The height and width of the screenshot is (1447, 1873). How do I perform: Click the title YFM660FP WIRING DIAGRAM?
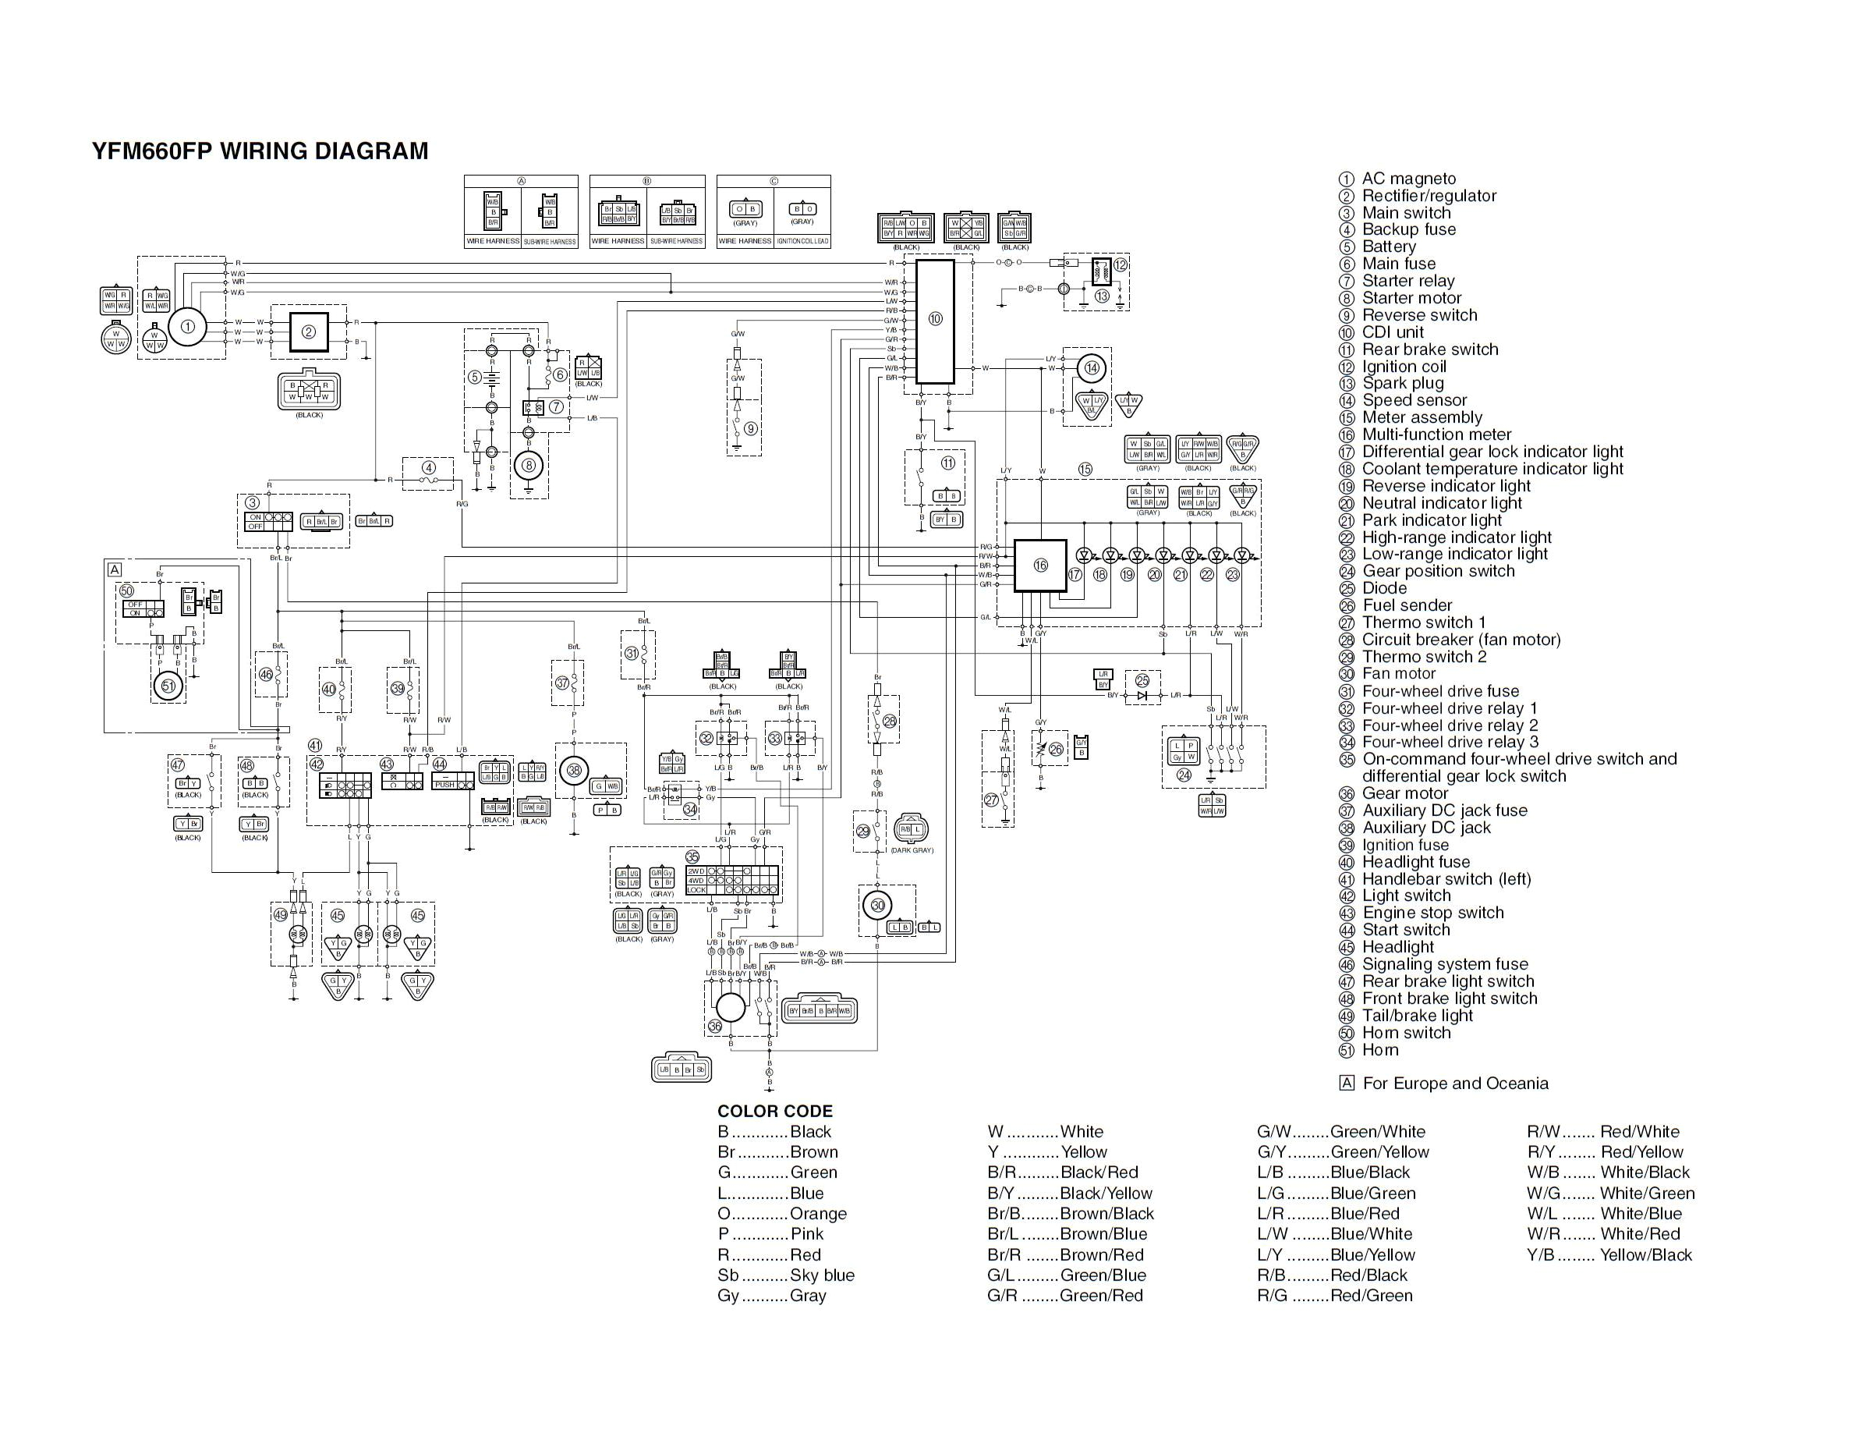tap(260, 151)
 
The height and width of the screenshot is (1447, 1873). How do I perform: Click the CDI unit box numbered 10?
tap(935, 321)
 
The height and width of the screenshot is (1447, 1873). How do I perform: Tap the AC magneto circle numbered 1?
tap(188, 326)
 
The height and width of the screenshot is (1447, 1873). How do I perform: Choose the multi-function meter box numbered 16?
tap(1040, 566)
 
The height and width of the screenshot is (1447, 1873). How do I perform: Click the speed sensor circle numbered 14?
tap(1091, 369)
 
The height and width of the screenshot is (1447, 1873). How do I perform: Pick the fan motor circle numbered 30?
tap(877, 905)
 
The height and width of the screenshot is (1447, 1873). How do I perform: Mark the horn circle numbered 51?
tap(168, 686)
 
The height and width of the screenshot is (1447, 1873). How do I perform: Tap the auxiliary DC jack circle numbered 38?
tap(574, 770)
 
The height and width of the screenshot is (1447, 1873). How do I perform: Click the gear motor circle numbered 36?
tap(730, 1008)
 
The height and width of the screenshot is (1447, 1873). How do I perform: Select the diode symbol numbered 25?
tap(1142, 694)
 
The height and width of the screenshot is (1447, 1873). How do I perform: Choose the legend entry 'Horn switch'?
tap(1406, 1033)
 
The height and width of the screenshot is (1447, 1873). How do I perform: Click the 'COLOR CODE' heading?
tap(774, 1111)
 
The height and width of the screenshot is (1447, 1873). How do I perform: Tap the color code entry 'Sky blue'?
tap(822, 1275)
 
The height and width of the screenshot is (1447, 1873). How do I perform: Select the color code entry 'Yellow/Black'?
tap(1645, 1255)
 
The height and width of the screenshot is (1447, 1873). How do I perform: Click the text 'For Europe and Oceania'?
tap(1454, 1083)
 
